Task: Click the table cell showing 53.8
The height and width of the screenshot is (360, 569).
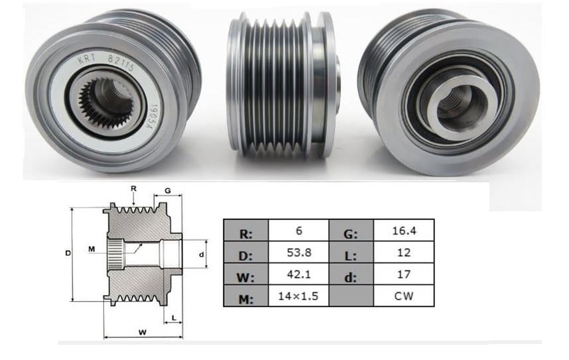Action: point(298,252)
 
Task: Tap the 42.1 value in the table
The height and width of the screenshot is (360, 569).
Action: point(298,274)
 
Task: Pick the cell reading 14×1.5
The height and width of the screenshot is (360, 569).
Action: point(298,296)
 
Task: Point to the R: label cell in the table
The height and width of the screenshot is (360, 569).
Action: point(246,233)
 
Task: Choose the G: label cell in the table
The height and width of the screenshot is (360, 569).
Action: point(351,233)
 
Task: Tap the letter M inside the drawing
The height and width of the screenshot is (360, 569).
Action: point(92,249)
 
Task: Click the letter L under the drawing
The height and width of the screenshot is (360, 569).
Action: point(174,318)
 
